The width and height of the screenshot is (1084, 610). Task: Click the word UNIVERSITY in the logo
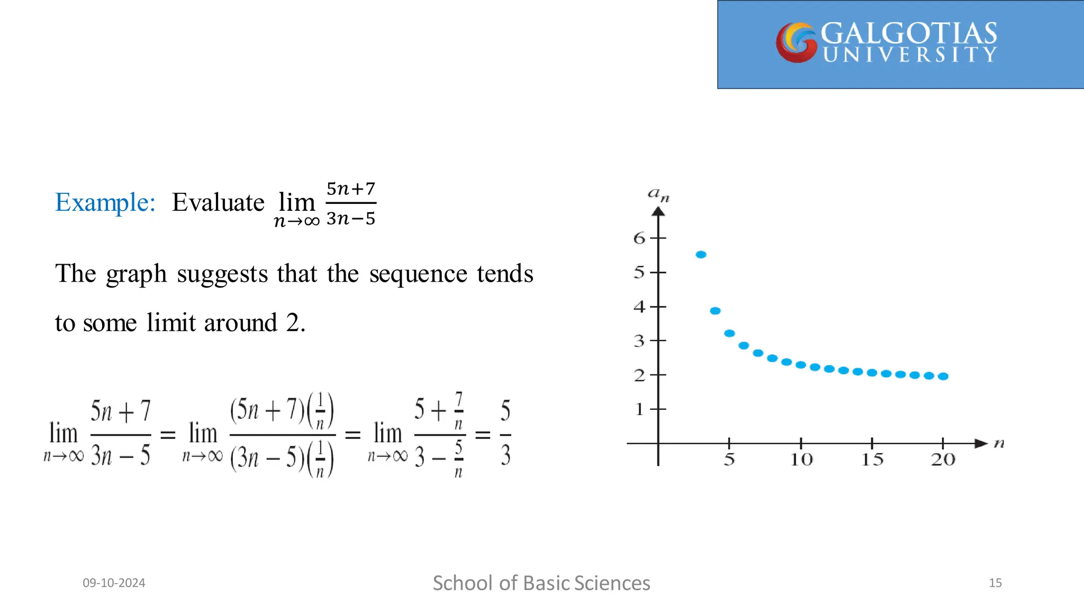[910, 55]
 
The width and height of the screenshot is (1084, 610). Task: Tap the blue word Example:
[105, 202]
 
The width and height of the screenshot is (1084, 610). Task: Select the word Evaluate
[218, 202]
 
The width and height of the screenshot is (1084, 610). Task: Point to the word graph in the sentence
[136, 274]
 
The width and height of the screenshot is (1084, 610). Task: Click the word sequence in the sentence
[418, 274]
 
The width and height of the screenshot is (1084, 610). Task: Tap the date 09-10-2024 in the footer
[114, 583]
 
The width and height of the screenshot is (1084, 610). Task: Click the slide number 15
[995, 583]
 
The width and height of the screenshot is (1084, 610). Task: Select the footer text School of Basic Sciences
[541, 583]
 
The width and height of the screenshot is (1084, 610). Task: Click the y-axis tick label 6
[639, 238]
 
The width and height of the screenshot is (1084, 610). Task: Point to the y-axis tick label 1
[639, 409]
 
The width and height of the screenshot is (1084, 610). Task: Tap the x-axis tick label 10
[801, 459]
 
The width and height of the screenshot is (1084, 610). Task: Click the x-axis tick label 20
[943, 459]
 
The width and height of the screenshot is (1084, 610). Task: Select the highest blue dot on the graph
[701, 255]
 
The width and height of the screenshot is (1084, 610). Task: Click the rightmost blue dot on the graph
[943, 376]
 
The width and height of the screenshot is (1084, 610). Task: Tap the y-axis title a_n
[658, 195]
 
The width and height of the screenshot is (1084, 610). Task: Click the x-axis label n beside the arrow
[999, 443]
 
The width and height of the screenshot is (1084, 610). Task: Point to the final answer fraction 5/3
[505, 433]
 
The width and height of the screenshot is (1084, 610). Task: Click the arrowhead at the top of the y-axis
[658, 212]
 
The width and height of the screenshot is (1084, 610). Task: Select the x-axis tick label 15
[872, 459]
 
